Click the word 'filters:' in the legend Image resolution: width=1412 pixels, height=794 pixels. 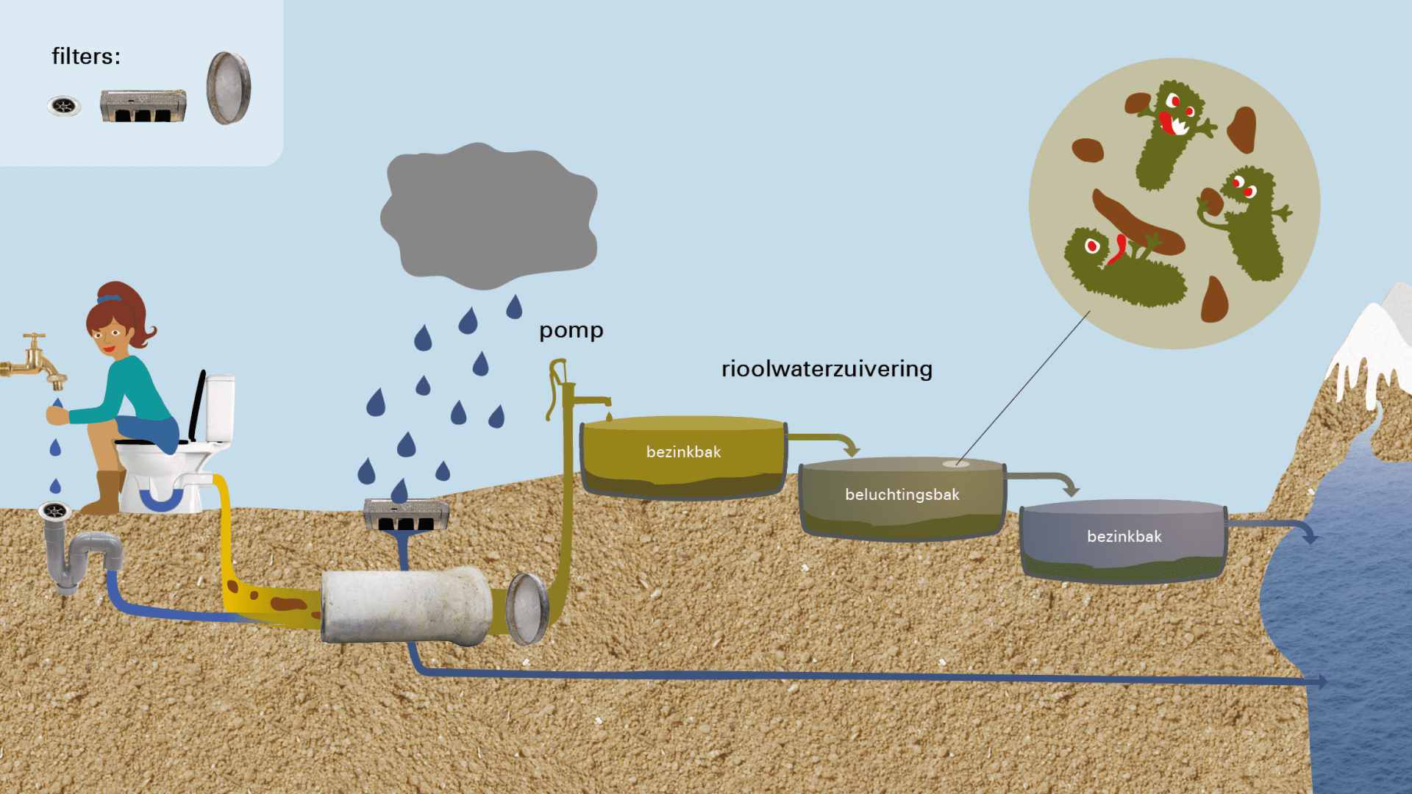click(x=85, y=57)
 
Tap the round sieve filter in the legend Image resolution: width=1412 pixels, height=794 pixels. click(x=229, y=88)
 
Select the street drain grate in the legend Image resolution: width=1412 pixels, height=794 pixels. click(x=143, y=106)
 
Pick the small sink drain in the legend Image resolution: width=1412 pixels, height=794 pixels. click(x=64, y=107)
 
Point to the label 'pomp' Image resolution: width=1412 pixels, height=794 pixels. click(x=571, y=330)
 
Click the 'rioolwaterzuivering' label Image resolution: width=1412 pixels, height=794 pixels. click(x=827, y=368)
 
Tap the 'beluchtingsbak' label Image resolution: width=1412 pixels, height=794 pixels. click(x=902, y=495)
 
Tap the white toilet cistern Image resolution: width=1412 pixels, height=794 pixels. click(x=219, y=407)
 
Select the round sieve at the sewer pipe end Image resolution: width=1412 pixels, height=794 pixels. click(x=527, y=609)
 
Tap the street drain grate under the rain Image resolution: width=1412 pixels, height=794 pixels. click(x=406, y=515)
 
